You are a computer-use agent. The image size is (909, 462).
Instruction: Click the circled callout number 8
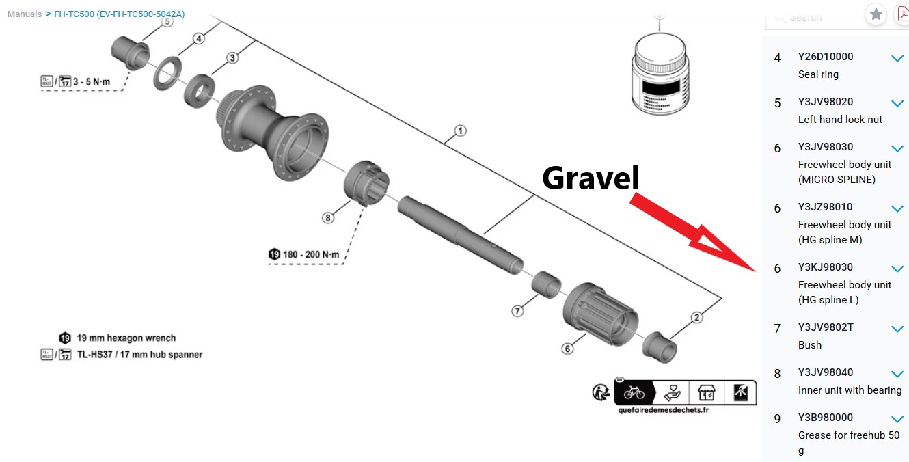[x=328, y=218]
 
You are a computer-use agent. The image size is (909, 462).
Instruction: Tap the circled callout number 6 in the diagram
[x=567, y=349]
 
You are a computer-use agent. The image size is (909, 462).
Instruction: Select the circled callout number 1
[x=461, y=131]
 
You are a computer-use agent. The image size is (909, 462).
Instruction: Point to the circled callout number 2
[x=696, y=317]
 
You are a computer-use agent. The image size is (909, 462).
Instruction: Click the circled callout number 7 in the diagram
[x=517, y=311]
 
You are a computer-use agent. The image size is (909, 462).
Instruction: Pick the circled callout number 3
[x=232, y=58]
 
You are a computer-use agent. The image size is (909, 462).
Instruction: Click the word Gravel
[x=591, y=178]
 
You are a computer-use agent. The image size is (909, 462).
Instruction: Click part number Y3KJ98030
[x=825, y=267]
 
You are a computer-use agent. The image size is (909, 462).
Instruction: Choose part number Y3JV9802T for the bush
[x=826, y=327]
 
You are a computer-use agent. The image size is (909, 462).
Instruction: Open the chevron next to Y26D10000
[x=897, y=58]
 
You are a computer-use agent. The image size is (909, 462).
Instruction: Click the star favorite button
[x=876, y=14]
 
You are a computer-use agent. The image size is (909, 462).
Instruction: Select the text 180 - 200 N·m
[x=311, y=254]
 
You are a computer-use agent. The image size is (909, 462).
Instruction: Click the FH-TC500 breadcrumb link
[x=120, y=14]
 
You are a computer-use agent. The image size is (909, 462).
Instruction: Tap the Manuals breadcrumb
[x=25, y=14]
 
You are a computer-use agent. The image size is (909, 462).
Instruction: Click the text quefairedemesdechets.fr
[x=663, y=410]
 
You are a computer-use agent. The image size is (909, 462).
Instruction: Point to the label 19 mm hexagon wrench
[x=126, y=338]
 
